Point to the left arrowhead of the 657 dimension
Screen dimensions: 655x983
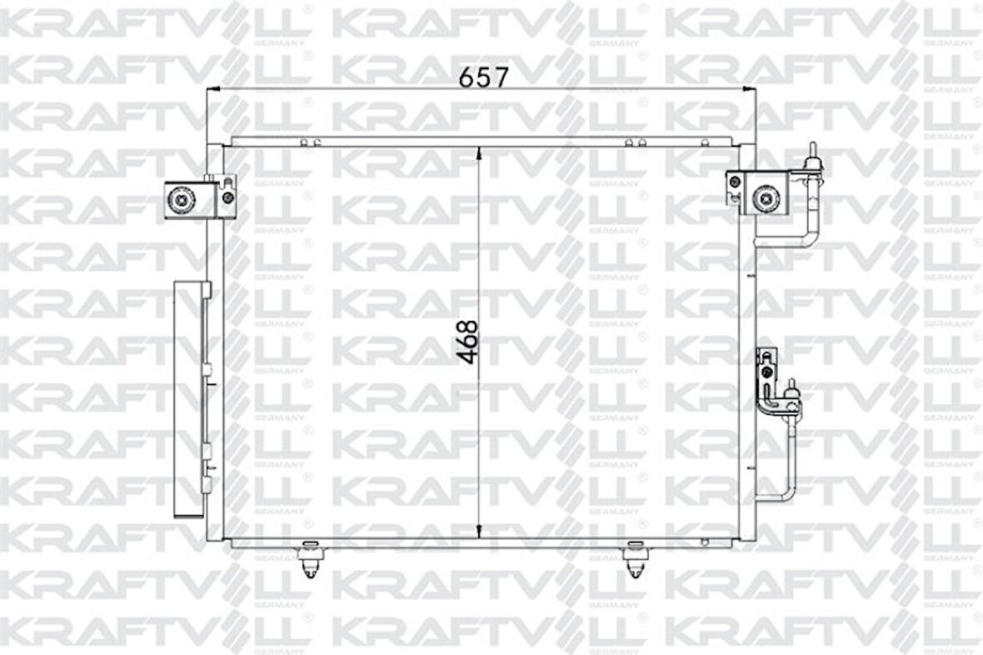pos(213,88)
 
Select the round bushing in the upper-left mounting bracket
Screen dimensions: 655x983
pos(180,199)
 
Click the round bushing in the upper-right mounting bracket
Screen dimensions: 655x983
pos(764,198)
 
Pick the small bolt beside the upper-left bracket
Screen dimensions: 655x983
pos(227,198)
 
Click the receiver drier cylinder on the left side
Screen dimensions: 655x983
pos(191,400)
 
